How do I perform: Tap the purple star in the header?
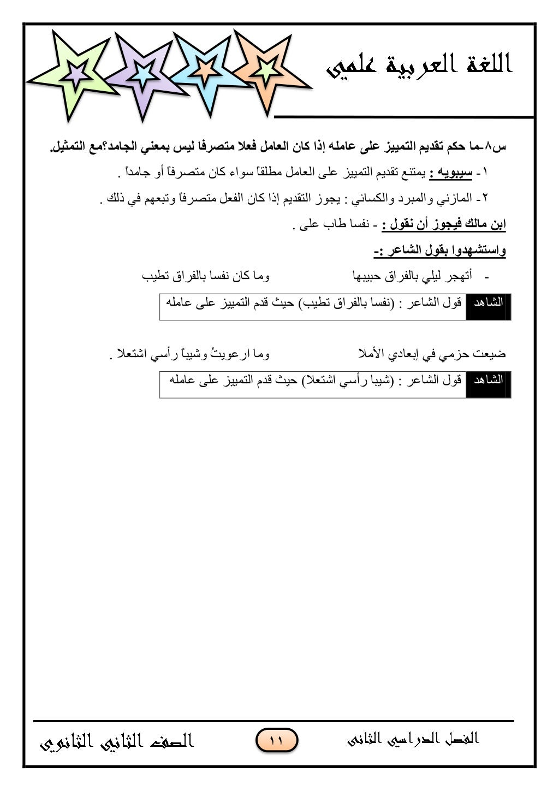coord(143,74)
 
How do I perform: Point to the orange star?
coord(266,69)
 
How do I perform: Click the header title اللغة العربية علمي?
coord(419,67)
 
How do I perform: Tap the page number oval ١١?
coord(276,741)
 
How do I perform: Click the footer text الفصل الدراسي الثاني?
coord(413,739)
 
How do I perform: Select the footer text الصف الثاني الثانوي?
coord(117,741)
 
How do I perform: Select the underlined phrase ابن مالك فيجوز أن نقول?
coord(443,225)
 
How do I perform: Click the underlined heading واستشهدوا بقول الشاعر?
coord(440,251)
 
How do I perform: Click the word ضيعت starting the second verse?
coord(490,354)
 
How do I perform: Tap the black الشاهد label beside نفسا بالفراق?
coord(488,302)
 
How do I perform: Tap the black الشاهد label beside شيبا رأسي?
coord(488,380)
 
